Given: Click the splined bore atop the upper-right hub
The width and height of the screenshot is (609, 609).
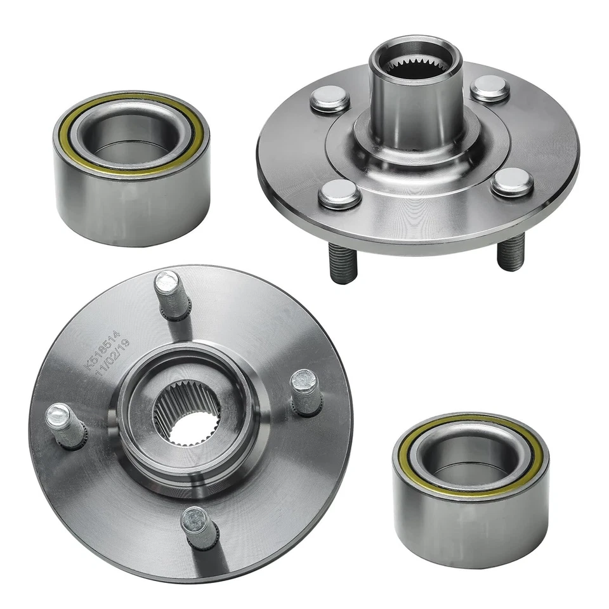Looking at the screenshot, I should click(416, 63).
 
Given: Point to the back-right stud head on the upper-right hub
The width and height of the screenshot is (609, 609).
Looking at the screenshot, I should click(490, 88).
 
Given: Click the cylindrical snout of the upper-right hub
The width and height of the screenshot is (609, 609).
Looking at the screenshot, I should click(416, 111).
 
